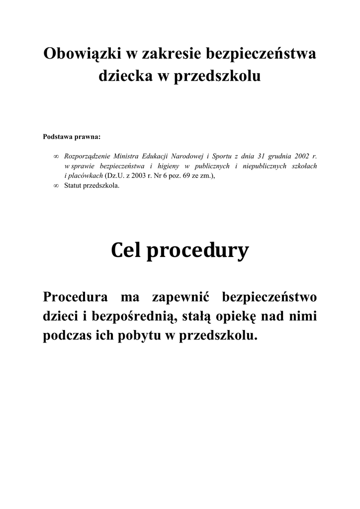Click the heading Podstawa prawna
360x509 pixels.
pyautogui.click(x=72, y=135)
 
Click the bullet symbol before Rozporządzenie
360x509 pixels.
pyautogui.click(x=56, y=157)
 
